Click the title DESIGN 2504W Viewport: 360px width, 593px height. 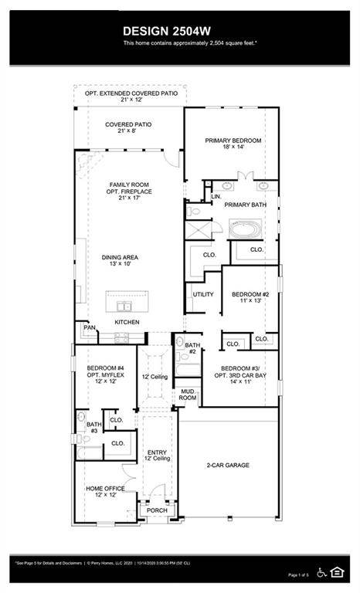coord(179,30)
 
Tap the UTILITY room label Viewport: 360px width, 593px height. coord(203,294)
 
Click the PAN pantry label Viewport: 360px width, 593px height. coord(90,328)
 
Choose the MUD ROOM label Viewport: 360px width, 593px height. coord(188,395)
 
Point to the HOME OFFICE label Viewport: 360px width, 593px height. coord(106,491)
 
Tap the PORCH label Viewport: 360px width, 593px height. coord(157,510)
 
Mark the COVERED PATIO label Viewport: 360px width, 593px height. coord(128,128)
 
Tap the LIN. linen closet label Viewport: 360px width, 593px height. coord(216,197)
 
